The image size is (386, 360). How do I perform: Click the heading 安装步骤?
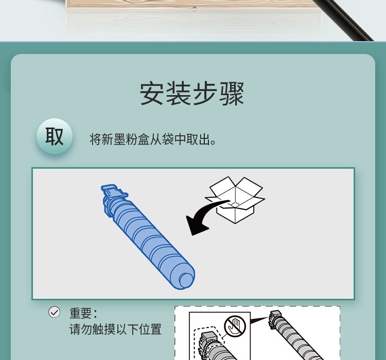(192, 94)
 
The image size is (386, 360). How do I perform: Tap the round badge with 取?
(55, 136)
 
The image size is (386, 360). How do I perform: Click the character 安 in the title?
(152, 94)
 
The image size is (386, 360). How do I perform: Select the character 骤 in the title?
(232, 94)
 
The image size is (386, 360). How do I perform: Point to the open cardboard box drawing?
(235, 200)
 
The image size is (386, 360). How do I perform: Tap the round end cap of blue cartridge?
(186, 280)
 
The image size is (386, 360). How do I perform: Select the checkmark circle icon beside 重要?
(54, 312)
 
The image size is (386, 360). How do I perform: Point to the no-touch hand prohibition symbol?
(235, 326)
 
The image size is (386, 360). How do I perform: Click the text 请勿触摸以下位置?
(115, 329)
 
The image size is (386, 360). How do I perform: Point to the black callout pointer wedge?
(259, 320)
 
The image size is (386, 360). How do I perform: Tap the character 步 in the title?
(205, 94)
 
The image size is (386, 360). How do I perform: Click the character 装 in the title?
(179, 94)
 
